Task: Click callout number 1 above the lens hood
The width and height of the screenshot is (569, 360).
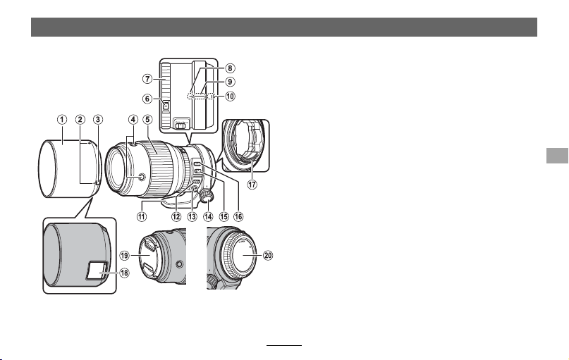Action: click(x=62, y=120)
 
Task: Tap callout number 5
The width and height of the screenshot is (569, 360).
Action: click(x=147, y=119)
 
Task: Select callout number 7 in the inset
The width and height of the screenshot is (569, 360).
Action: click(x=147, y=78)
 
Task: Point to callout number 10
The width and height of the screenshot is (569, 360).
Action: click(x=230, y=96)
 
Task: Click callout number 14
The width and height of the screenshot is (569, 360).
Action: click(x=208, y=216)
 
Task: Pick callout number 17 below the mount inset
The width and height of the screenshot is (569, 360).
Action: click(x=252, y=184)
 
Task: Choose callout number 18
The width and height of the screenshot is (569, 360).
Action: click(x=124, y=273)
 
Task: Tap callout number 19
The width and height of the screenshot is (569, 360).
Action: click(x=124, y=256)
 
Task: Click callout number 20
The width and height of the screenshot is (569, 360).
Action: click(x=267, y=256)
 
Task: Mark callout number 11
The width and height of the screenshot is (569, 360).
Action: click(x=142, y=216)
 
